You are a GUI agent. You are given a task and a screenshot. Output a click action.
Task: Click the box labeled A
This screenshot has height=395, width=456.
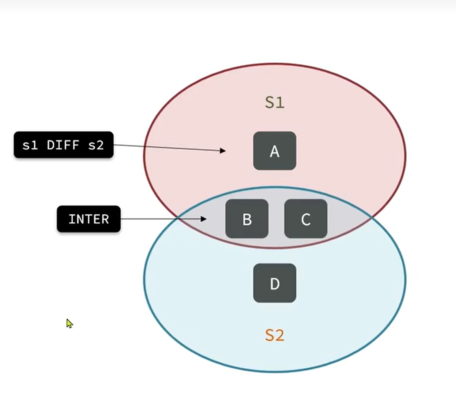pyautogui.click(x=275, y=151)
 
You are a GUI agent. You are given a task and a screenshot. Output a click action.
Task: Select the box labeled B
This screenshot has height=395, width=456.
pyautogui.click(x=247, y=219)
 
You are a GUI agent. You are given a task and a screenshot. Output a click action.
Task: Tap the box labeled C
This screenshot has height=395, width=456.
pyautogui.click(x=306, y=219)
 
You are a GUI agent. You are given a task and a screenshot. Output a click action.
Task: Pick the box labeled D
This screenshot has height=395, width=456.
pyautogui.click(x=275, y=283)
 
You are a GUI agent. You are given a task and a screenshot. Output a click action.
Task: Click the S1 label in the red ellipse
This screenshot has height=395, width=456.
pyautogui.click(x=275, y=102)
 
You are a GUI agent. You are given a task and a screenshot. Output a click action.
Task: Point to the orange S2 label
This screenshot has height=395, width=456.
pyautogui.click(x=275, y=335)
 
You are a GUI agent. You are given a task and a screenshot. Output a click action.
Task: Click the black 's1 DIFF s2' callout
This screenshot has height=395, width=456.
pyautogui.click(x=63, y=145)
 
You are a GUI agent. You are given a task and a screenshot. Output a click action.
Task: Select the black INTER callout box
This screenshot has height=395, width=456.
pyautogui.click(x=88, y=219)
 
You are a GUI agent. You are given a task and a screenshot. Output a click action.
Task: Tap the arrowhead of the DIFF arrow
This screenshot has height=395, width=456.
pyautogui.click(x=223, y=151)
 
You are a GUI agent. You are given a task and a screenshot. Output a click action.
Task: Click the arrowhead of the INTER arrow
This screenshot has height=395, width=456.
pyautogui.click(x=204, y=219)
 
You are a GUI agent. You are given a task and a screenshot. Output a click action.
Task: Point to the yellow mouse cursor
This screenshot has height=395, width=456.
pyautogui.click(x=69, y=323)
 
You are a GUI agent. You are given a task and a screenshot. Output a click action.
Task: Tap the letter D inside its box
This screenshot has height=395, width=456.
pyautogui.click(x=275, y=284)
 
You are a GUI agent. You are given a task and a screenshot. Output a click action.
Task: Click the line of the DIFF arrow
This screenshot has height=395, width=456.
pyautogui.click(x=167, y=148)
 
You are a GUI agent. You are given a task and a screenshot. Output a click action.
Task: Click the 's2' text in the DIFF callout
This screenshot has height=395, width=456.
pyautogui.click(x=95, y=145)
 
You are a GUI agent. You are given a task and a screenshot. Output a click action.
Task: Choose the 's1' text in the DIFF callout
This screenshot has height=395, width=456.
pyautogui.click(x=30, y=145)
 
